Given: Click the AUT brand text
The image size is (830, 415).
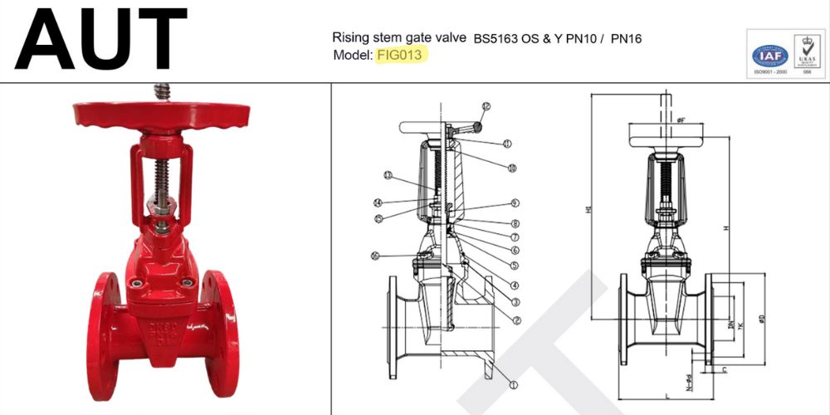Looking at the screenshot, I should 100,39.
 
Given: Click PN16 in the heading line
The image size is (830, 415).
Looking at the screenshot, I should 627,38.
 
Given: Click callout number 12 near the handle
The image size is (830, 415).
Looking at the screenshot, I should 486,106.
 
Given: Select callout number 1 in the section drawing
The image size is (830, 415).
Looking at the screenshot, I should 513,384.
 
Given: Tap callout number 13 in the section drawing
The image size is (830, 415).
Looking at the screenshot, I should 388,175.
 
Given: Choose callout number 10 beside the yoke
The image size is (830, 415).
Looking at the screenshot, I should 512,168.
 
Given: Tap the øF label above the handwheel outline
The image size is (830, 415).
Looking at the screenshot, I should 681,121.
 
